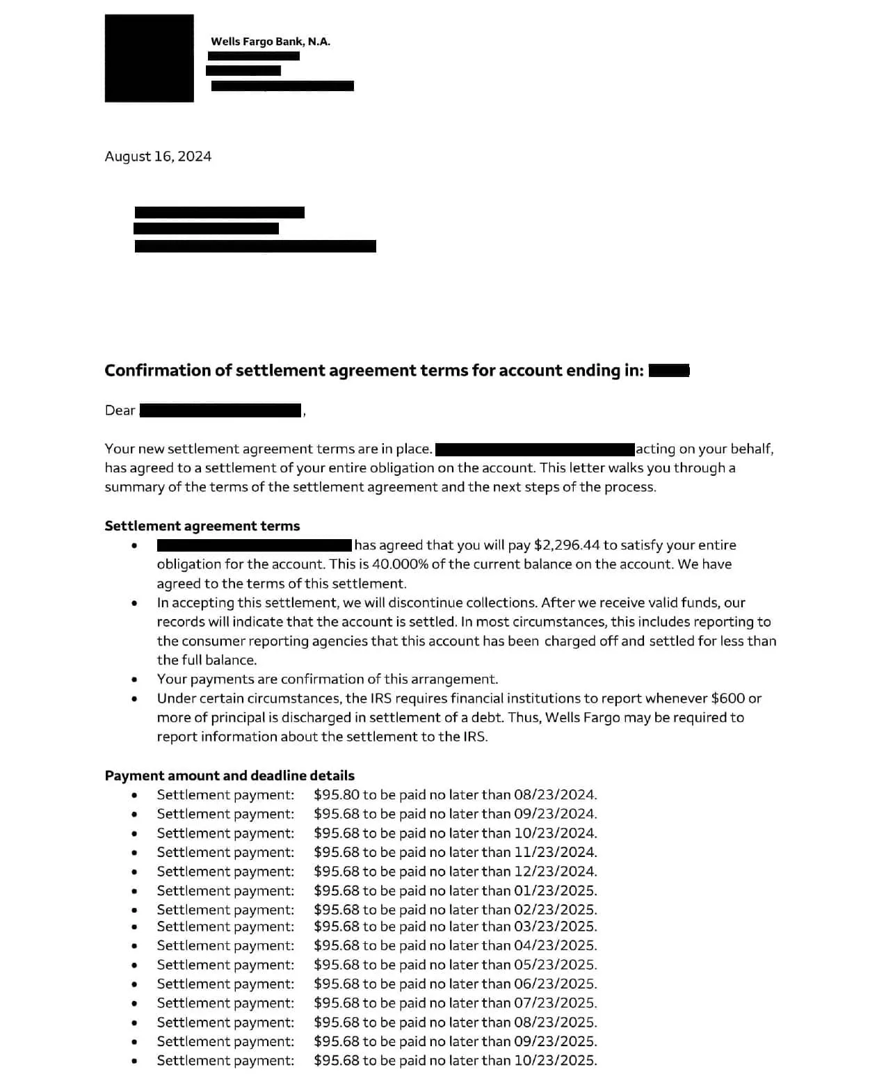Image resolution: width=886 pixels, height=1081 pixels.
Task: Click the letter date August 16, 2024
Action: [x=158, y=157]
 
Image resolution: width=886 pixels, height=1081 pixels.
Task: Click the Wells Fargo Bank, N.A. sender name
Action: [x=271, y=42]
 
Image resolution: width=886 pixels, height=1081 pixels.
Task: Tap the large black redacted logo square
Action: [x=150, y=58]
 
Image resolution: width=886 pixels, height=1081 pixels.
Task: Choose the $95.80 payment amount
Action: [x=336, y=795]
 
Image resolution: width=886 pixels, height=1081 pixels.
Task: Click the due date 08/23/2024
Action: [x=554, y=795]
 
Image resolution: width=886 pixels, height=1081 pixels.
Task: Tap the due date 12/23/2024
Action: [x=554, y=872]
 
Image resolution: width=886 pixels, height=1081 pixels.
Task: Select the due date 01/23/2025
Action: [x=554, y=891]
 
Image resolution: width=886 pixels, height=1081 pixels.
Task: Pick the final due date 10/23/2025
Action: [x=554, y=1061]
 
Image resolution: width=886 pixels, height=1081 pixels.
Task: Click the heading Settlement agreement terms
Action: [x=202, y=526]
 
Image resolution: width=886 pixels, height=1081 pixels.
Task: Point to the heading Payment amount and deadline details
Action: [x=229, y=776]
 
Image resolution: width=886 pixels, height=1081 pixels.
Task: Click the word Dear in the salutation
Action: [x=120, y=410]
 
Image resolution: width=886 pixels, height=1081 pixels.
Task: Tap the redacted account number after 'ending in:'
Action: [x=668, y=371]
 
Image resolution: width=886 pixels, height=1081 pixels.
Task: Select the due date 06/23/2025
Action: [x=554, y=984]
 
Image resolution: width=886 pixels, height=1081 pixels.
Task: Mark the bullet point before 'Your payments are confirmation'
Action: [x=134, y=680]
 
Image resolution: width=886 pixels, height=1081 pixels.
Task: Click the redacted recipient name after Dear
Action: [x=221, y=410]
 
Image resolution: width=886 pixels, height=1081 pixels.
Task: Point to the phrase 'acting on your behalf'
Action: [x=704, y=449]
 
